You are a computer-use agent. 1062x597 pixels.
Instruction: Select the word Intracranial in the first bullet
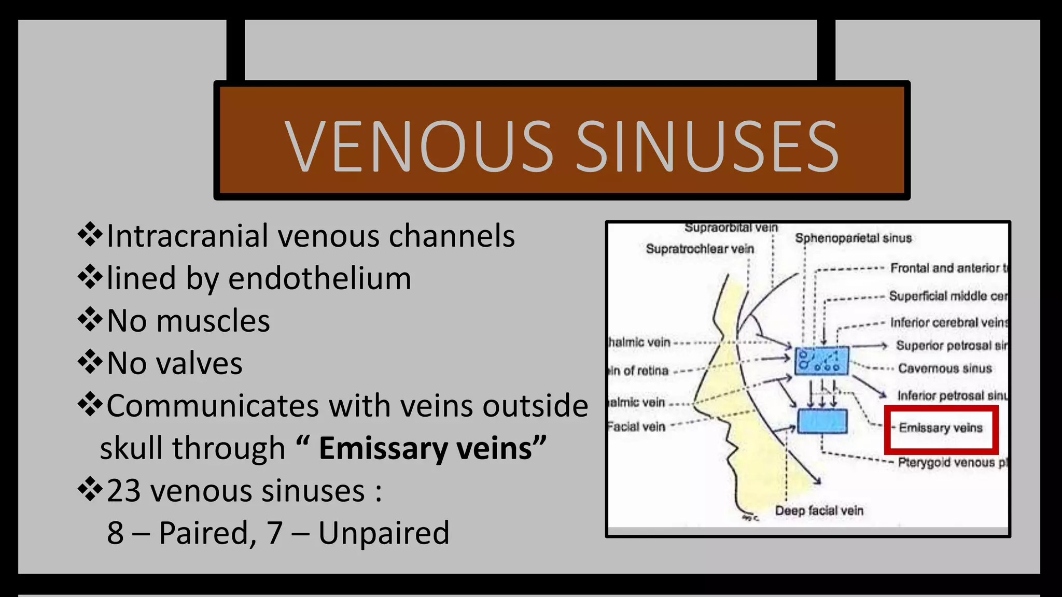[x=187, y=236]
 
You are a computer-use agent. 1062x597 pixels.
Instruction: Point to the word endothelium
[x=319, y=279]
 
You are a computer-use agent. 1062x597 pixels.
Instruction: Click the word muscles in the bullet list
[x=213, y=321]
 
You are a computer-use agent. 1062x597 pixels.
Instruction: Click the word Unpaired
[x=384, y=533]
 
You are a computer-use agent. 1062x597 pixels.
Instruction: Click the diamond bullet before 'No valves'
[x=90, y=362]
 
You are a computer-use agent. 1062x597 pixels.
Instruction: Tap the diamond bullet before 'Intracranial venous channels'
[x=90, y=235]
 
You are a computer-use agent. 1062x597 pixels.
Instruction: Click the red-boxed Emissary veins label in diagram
[x=941, y=428]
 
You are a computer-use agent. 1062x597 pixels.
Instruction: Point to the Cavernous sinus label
[x=945, y=368]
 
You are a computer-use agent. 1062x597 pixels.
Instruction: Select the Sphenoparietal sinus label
[x=853, y=238]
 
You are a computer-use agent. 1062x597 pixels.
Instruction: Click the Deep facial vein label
[x=819, y=511]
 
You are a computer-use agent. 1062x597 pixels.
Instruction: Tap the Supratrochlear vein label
[x=700, y=249]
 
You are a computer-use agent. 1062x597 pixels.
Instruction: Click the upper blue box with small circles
[x=821, y=361]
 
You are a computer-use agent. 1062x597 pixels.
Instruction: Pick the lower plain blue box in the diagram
[x=822, y=421]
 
